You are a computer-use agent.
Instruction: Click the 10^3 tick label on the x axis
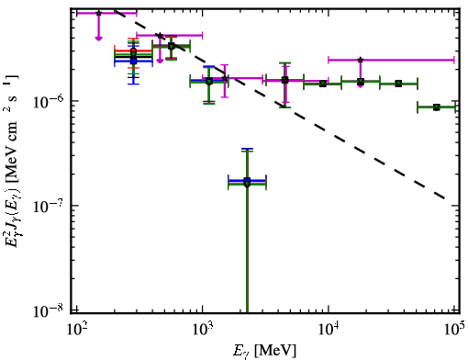click(202, 329)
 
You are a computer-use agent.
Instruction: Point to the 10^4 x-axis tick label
click(329, 329)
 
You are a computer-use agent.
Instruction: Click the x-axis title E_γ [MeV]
click(264, 351)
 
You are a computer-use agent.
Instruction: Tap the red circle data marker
click(133, 51)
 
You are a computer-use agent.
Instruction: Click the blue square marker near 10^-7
click(247, 180)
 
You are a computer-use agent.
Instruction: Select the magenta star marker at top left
click(98, 13)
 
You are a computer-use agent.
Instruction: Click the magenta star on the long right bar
click(361, 60)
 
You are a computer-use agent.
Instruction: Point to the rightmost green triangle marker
click(437, 107)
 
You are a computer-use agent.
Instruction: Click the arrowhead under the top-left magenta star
click(98, 39)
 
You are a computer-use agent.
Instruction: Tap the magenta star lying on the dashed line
click(160, 36)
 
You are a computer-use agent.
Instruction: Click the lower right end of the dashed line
click(444, 198)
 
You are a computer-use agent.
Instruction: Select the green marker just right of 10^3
click(209, 82)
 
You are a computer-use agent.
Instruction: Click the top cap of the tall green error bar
click(247, 152)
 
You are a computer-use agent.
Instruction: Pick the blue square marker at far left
click(133, 61)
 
